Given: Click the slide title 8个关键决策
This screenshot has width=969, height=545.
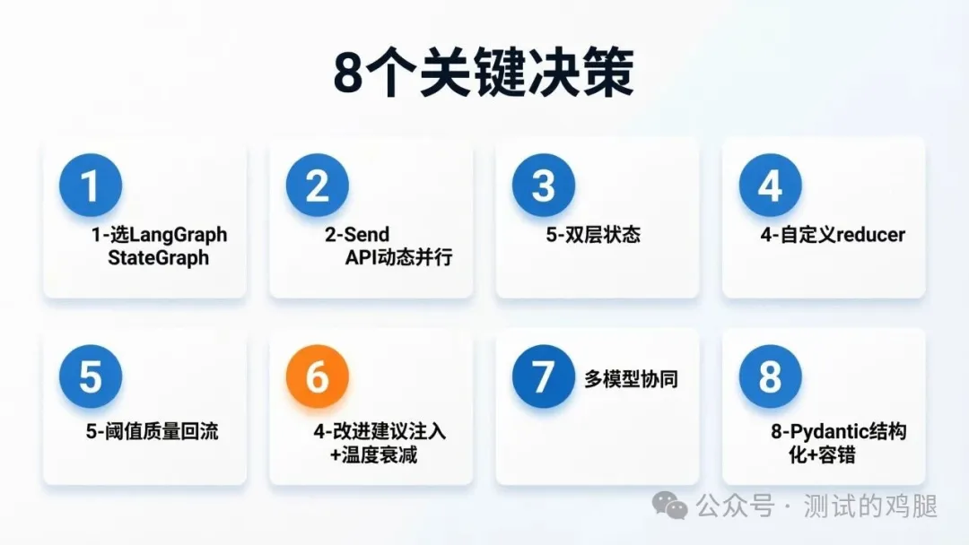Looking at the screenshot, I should click(484, 74).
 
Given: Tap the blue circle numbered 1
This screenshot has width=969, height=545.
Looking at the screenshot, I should click(91, 186).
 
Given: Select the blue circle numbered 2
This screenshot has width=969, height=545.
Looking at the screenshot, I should click(317, 186).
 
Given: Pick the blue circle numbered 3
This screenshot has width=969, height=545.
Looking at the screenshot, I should click(544, 186).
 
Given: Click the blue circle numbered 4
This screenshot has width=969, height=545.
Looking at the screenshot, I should click(770, 186).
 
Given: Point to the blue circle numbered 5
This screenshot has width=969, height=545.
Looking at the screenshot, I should click(91, 376).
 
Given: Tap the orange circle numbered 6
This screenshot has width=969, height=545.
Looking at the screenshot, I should click(317, 376).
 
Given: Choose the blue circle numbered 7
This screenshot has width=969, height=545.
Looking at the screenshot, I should click(544, 376).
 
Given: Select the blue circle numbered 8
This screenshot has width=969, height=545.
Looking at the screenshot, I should click(770, 376).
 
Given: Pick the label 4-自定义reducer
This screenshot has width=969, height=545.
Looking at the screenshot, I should click(832, 236).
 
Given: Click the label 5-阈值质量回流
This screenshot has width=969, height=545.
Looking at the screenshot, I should click(152, 432).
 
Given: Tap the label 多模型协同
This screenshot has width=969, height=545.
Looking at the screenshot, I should click(631, 379).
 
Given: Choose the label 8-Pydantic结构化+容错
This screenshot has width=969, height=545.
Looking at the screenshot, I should click(838, 443).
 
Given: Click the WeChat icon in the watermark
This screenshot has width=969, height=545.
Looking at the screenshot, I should click(669, 506).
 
